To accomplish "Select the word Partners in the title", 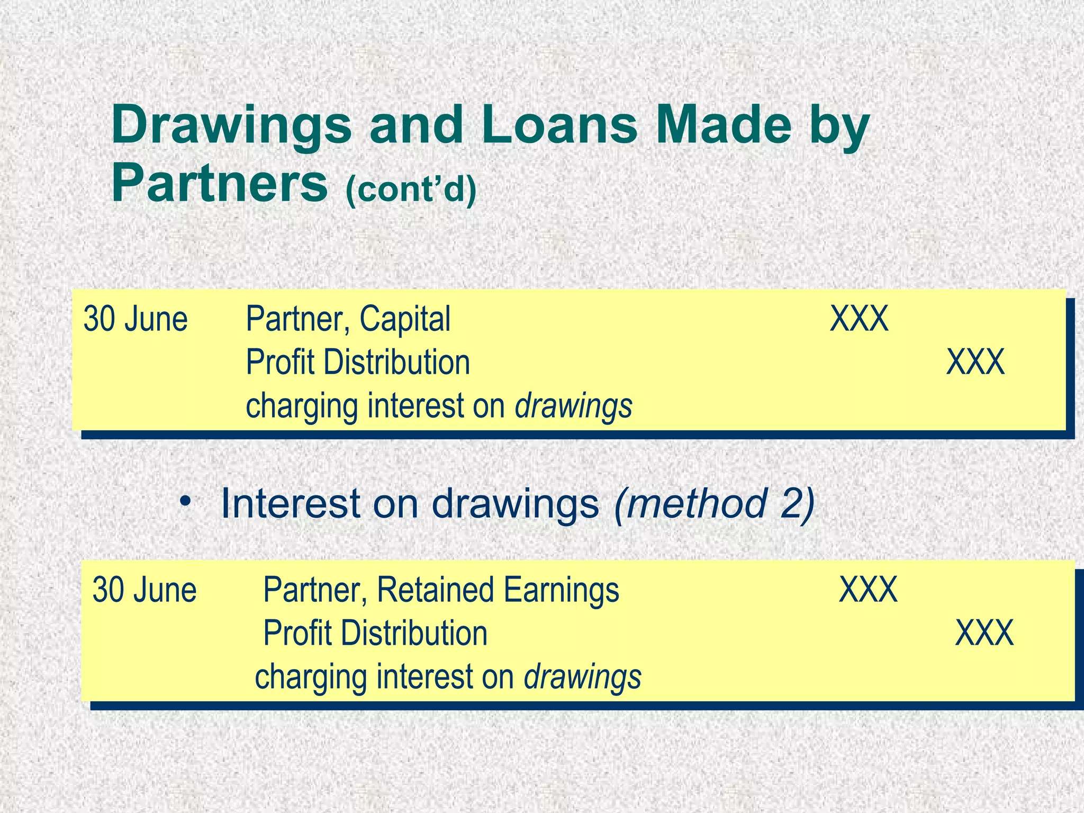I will (219, 183).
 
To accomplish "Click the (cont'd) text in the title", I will (411, 189).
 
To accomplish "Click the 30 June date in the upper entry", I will (135, 319).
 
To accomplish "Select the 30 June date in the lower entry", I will (144, 590).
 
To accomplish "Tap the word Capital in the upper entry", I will (405, 319).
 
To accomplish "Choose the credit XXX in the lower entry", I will (984, 633).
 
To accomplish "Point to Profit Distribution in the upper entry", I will (358, 363).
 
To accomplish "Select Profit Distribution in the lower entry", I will (375, 634).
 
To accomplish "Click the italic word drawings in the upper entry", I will (574, 406).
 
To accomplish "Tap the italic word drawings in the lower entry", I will (582, 677).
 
